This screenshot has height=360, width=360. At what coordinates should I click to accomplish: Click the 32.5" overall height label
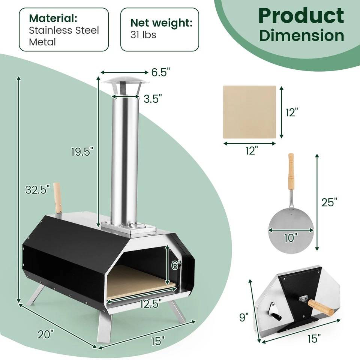click(x=37, y=190)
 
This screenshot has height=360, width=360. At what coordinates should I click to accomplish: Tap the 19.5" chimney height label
click(x=82, y=151)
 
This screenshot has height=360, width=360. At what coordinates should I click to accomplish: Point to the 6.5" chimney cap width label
click(x=161, y=72)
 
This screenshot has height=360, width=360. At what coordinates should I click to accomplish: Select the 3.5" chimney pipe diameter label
click(x=153, y=99)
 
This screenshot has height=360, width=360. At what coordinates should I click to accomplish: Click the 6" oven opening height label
click(x=176, y=265)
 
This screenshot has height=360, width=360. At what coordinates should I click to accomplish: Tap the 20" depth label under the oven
click(x=46, y=334)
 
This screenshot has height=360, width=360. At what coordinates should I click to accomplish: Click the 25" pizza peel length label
click(x=329, y=202)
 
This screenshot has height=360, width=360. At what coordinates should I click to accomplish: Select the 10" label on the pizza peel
click(x=291, y=238)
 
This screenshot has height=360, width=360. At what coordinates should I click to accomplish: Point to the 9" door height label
click(x=244, y=317)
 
